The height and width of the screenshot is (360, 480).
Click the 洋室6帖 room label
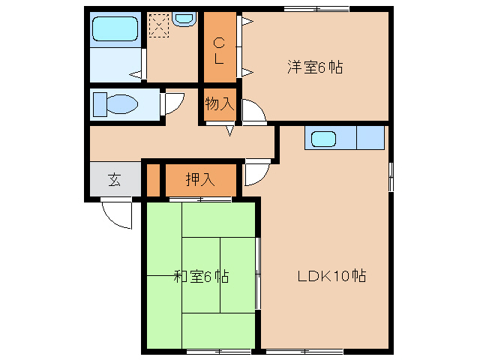point(314,67)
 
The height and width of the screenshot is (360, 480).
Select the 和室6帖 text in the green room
point(200,276)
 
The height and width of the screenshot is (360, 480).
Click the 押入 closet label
point(199,179)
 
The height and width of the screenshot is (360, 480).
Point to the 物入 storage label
point(220,103)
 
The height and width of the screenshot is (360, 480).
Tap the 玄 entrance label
point(114,179)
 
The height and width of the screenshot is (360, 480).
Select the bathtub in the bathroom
point(115,31)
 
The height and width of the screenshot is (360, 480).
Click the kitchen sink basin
point(324,139)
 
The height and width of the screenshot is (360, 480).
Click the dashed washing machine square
point(159,26)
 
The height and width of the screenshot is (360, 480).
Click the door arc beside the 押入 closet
point(254,172)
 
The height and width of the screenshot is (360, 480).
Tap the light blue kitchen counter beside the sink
point(370,139)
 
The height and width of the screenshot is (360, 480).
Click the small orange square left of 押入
point(153,179)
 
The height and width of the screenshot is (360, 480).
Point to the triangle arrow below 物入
point(229,130)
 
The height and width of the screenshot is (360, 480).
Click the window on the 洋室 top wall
point(316,8)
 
